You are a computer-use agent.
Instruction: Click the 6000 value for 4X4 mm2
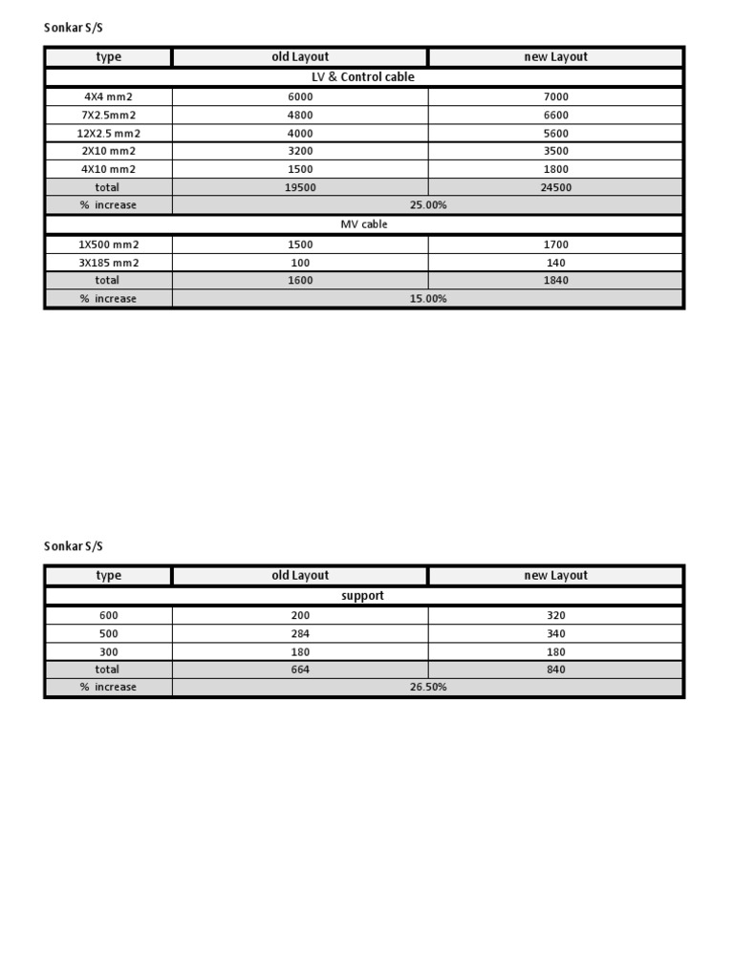(300, 97)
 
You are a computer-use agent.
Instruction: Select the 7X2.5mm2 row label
(108, 116)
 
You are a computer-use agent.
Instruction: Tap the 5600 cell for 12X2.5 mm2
(555, 134)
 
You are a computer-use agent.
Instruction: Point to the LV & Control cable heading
(363, 77)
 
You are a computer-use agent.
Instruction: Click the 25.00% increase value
(428, 205)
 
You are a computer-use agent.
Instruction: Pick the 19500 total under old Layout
(300, 188)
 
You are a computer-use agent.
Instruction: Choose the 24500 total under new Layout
(555, 188)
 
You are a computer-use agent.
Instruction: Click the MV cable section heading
(363, 224)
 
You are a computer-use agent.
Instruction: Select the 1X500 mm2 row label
(108, 244)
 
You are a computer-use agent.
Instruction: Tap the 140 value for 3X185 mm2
(555, 263)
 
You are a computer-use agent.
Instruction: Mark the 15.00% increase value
(428, 299)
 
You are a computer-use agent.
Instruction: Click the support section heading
(363, 596)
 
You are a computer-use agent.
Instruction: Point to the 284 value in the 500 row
(300, 634)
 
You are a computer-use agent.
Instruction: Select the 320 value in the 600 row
(555, 616)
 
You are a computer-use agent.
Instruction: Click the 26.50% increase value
(428, 688)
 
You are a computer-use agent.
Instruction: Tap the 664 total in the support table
(300, 670)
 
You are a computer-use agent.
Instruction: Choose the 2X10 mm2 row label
(108, 151)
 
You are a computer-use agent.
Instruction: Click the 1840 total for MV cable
(555, 281)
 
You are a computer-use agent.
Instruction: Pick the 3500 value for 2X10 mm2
(555, 151)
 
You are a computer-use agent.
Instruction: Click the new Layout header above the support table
(555, 576)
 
